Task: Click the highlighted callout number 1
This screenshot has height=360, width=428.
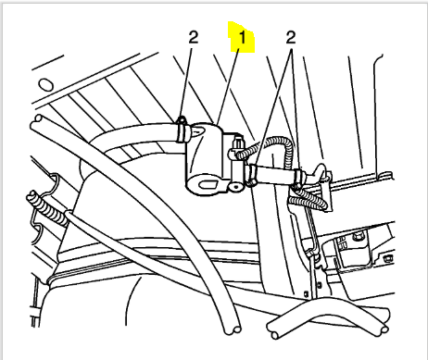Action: click(243, 37)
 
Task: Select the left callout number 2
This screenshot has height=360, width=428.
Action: click(194, 37)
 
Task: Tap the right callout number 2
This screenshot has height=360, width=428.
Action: click(291, 37)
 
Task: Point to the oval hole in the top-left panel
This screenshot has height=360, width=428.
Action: click(45, 84)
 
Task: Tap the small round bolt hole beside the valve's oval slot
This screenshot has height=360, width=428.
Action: click(236, 187)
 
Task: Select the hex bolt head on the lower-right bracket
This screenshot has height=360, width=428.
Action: click(359, 237)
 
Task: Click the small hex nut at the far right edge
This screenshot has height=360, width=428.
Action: click(387, 258)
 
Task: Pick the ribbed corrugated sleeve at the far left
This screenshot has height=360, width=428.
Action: click(47, 209)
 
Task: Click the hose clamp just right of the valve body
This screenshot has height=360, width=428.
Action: click(252, 175)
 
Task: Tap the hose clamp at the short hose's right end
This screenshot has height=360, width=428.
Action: click(298, 178)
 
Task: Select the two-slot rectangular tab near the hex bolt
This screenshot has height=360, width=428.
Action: click(342, 243)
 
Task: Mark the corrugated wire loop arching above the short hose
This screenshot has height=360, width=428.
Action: click(271, 145)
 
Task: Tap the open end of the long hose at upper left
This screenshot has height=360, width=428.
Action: click(38, 118)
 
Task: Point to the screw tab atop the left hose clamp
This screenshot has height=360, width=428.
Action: click(182, 120)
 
